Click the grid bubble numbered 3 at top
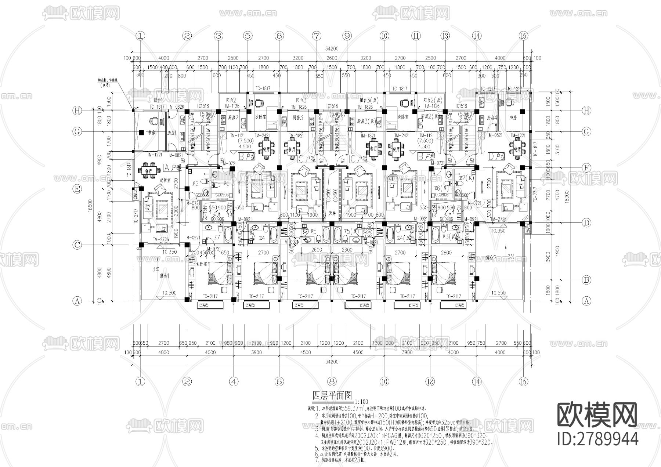tap(219, 36)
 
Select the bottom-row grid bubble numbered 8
tap(332, 381)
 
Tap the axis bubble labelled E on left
tap(77, 189)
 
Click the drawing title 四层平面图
tap(332, 396)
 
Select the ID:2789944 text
tap(597, 438)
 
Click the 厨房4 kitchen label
tap(492, 118)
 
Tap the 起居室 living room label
tap(166, 180)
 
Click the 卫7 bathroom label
tap(216, 237)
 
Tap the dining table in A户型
tap(149, 171)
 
